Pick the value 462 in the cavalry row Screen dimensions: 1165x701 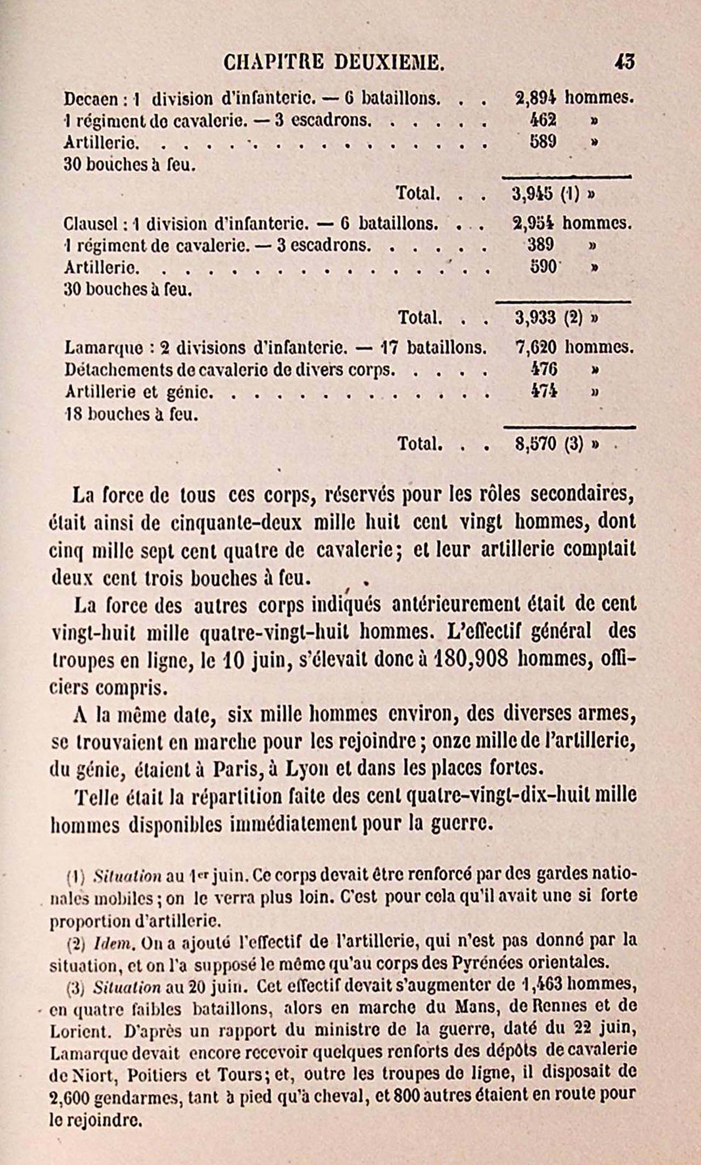point(543,119)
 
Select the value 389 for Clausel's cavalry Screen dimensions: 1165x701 point(541,245)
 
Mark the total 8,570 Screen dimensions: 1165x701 point(535,444)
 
